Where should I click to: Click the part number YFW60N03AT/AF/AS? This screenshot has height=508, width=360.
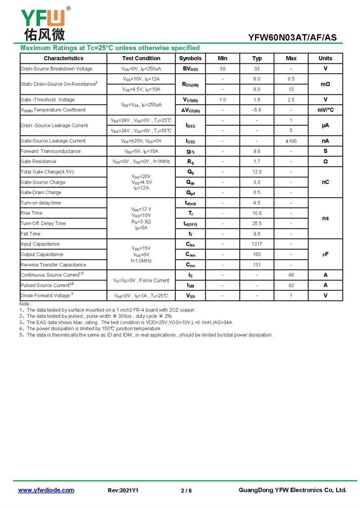click(292, 38)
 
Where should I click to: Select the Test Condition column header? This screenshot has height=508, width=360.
click(141, 58)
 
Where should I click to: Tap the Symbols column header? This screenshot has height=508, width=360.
click(190, 58)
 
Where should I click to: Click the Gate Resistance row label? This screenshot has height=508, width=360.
click(39, 161)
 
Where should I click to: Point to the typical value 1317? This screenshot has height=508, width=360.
click(256, 244)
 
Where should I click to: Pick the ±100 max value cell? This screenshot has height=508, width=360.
click(291, 141)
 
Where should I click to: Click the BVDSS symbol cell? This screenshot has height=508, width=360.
click(190, 69)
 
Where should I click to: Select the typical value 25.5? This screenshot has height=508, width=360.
click(256, 223)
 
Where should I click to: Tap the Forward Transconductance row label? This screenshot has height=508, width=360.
click(50, 152)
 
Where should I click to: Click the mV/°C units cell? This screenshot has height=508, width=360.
click(325, 110)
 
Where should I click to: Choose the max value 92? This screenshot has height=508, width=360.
click(291, 285)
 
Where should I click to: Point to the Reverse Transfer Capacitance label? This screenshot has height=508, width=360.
click(53, 265)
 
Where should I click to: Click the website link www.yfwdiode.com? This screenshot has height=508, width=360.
click(46, 490)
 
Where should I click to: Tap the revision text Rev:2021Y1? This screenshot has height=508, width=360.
click(123, 490)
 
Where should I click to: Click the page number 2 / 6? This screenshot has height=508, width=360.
click(186, 490)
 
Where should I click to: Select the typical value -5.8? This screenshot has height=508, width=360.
click(256, 110)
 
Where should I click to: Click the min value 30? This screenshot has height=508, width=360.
click(222, 69)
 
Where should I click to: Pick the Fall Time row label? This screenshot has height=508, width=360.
click(31, 234)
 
